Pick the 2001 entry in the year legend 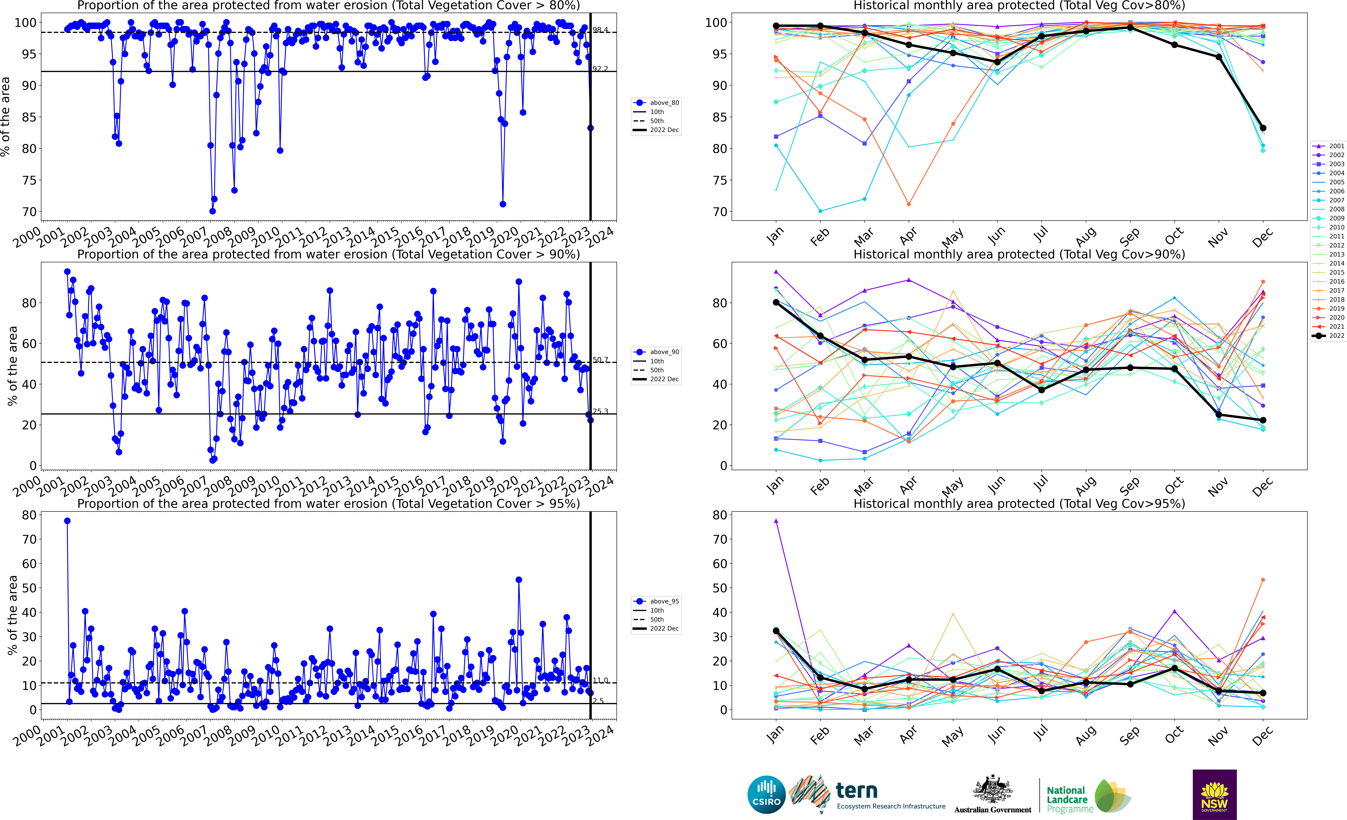[x=1332, y=146]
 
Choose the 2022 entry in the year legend [x=1332, y=336]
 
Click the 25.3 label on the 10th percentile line [x=600, y=411]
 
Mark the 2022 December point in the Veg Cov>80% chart [x=1263, y=128]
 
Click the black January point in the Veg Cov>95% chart [x=776, y=631]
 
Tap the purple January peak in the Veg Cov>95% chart [x=776, y=521]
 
